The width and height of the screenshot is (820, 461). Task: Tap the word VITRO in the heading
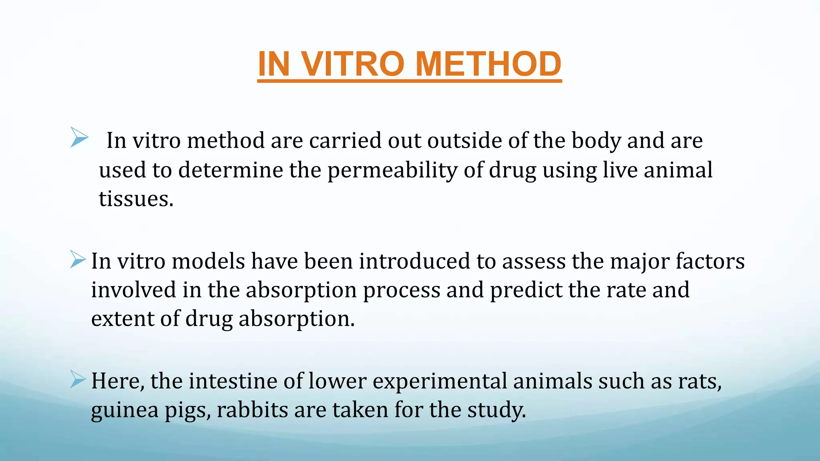point(352,64)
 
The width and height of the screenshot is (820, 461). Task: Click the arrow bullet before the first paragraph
point(79,137)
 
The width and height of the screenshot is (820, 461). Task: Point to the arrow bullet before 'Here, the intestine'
point(78,379)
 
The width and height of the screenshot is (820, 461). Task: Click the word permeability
point(392,170)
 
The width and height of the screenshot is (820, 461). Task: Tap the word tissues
point(135,199)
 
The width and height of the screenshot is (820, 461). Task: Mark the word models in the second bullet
point(208,261)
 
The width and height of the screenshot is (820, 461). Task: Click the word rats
point(699,381)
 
